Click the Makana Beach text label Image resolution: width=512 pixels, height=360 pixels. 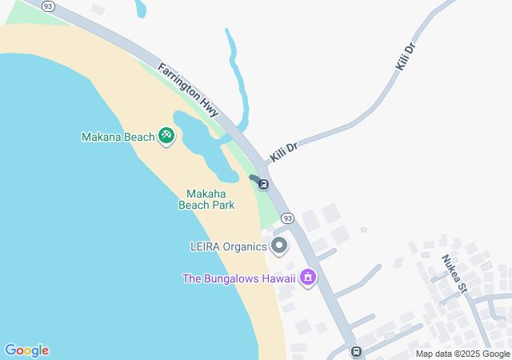tap(118, 137)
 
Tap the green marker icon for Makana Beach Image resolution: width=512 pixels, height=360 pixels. tap(166, 136)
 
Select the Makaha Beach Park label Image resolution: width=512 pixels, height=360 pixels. tap(206, 199)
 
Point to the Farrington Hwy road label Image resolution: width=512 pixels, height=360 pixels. tap(188, 90)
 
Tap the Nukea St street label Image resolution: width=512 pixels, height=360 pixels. tap(453, 272)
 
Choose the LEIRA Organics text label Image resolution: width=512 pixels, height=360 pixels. tap(228, 246)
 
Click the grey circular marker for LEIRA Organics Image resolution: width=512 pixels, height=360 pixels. tap(279, 246)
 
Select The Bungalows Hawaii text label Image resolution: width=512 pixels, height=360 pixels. tap(238, 278)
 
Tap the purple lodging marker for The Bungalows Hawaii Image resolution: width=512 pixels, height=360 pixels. tap(308, 278)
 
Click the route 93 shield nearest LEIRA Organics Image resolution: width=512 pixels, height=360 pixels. tap(288, 218)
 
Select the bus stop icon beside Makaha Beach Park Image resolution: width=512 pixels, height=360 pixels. tap(263, 185)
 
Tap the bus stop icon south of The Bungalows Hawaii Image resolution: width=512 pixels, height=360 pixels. tap(356, 351)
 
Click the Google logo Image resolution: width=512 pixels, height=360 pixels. tap(26, 350)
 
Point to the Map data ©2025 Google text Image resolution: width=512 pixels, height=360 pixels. tap(462, 354)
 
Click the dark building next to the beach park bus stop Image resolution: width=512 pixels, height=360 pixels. tap(254, 178)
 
